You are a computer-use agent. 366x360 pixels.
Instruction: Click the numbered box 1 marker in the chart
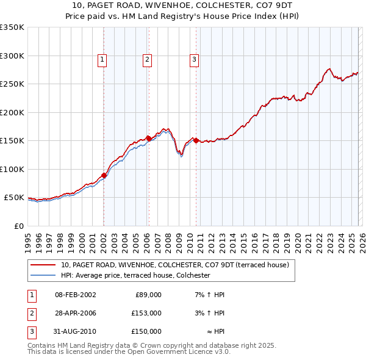point(102,60)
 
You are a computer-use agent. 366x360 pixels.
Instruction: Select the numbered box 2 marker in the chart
point(148,60)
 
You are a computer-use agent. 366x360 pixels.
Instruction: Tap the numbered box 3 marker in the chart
point(194,60)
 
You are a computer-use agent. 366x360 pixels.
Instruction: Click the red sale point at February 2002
point(104,176)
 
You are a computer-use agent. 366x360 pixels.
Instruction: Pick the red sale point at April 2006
point(149,139)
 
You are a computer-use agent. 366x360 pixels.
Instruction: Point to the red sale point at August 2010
point(196,140)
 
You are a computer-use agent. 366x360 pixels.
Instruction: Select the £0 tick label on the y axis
point(18,226)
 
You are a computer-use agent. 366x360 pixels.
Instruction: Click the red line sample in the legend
point(43,265)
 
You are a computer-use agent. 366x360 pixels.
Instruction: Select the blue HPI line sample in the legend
point(43,275)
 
